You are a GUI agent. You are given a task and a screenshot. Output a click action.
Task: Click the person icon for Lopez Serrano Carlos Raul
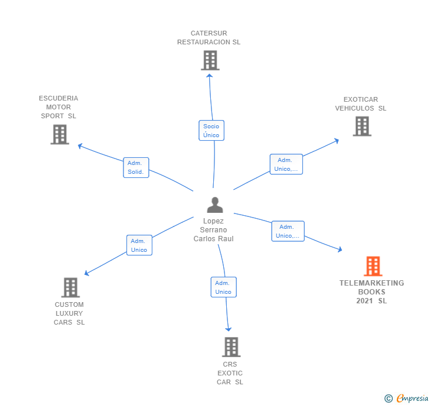click(215, 205)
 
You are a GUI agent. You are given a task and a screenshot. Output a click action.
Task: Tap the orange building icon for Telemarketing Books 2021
click(373, 266)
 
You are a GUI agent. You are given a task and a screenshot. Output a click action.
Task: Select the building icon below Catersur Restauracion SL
click(210, 60)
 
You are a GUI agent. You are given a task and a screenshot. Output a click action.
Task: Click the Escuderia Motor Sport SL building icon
click(60, 134)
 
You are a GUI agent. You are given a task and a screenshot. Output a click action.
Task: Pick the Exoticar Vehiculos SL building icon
click(362, 126)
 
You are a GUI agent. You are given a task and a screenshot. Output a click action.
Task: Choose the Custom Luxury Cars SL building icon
click(70, 287)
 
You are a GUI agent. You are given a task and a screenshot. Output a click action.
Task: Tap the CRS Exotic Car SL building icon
click(231, 346)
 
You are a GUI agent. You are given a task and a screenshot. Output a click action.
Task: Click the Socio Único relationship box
click(211, 131)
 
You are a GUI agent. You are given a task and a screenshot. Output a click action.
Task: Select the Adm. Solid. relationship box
click(136, 168)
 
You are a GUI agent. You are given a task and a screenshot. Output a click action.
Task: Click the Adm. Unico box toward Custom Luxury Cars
click(139, 245)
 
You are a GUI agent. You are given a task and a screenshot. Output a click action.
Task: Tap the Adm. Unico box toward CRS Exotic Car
click(223, 287)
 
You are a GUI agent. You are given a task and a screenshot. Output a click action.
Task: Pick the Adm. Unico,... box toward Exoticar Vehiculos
click(286, 164)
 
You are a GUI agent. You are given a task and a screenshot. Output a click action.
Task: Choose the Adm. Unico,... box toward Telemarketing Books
click(288, 231)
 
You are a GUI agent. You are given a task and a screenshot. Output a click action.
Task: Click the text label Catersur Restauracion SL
click(209, 38)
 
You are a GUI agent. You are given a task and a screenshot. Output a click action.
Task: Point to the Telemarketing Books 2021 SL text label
click(372, 291)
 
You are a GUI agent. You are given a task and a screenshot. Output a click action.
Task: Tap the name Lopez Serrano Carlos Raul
click(214, 230)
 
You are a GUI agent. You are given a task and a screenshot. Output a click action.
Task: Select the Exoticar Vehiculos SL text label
click(361, 104)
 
